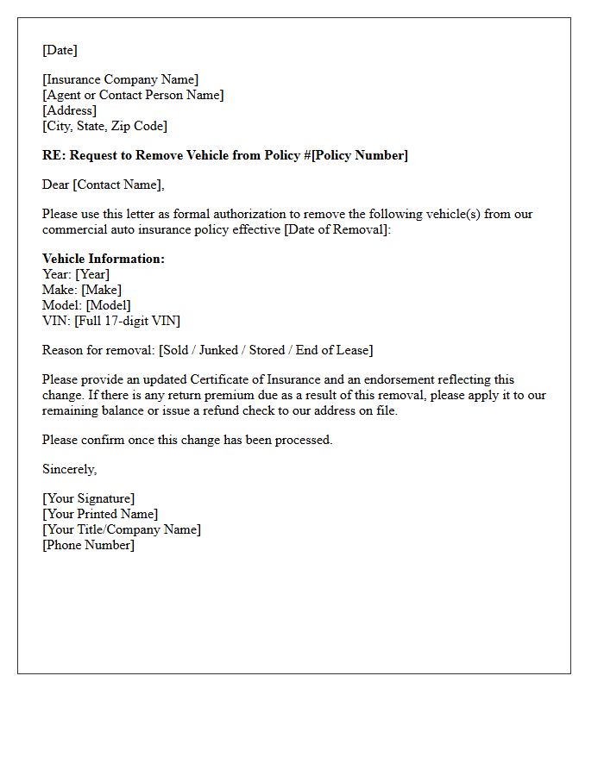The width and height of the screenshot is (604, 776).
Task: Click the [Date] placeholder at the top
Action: point(60,50)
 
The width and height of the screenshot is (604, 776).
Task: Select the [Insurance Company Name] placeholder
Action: point(120,80)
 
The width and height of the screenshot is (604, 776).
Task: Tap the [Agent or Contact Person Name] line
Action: point(133,96)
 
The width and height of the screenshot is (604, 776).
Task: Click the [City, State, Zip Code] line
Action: point(104,127)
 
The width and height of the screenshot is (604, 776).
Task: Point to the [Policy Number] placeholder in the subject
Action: point(360,156)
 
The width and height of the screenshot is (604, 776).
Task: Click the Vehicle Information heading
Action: point(104,260)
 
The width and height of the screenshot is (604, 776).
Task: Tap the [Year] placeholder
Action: point(92,275)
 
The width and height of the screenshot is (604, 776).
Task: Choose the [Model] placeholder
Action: point(109,306)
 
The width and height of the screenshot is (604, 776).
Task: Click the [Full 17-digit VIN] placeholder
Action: point(128,322)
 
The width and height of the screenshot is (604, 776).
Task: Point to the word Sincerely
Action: point(70,470)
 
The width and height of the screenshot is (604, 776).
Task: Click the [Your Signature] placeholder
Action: point(88,499)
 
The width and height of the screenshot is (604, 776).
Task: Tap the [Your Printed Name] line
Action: point(100,515)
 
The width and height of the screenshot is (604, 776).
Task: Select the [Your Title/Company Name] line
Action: point(122,530)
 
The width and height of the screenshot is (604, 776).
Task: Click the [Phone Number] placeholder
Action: point(88,546)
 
